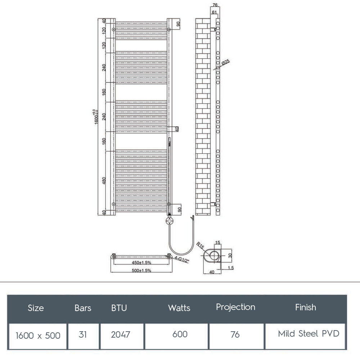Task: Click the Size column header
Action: [36, 308]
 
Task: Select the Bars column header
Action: [83, 308]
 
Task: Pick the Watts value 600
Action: [180, 334]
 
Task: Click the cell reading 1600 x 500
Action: [38, 335]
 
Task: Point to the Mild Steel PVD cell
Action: [309, 334]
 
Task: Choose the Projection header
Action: [235, 307]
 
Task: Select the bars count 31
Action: [83, 334]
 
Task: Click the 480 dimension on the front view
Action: [104, 181]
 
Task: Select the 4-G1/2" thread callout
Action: [181, 259]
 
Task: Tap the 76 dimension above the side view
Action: [215, 5]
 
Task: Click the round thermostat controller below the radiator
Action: [169, 220]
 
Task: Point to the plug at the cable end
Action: [193, 218]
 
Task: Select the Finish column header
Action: [305, 307]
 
